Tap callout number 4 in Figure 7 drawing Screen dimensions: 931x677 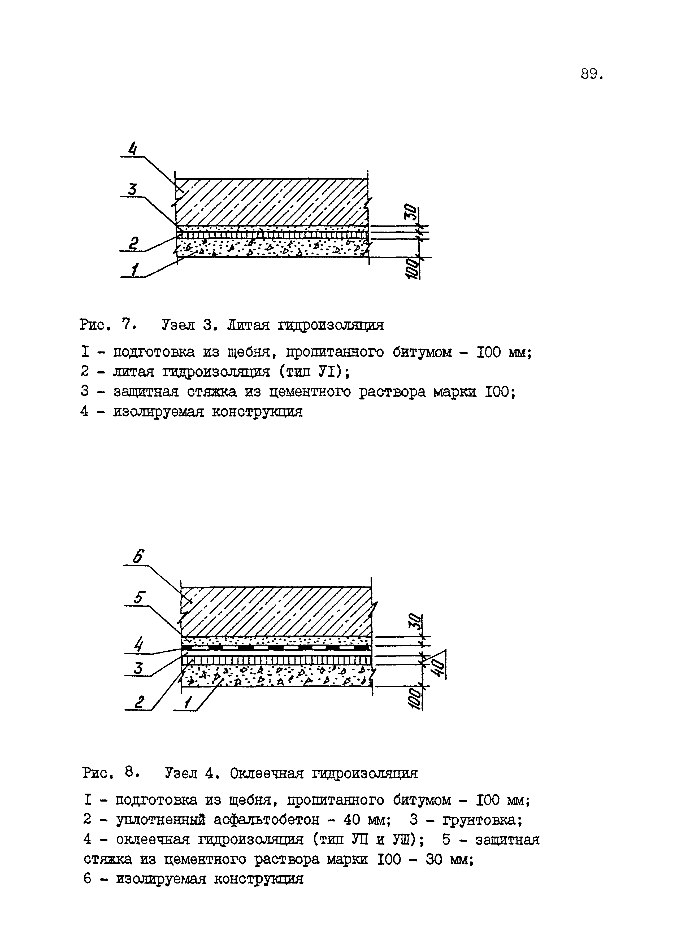132,149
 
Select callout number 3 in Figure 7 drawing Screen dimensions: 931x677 132,189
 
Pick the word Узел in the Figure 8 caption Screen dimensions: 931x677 181,774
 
